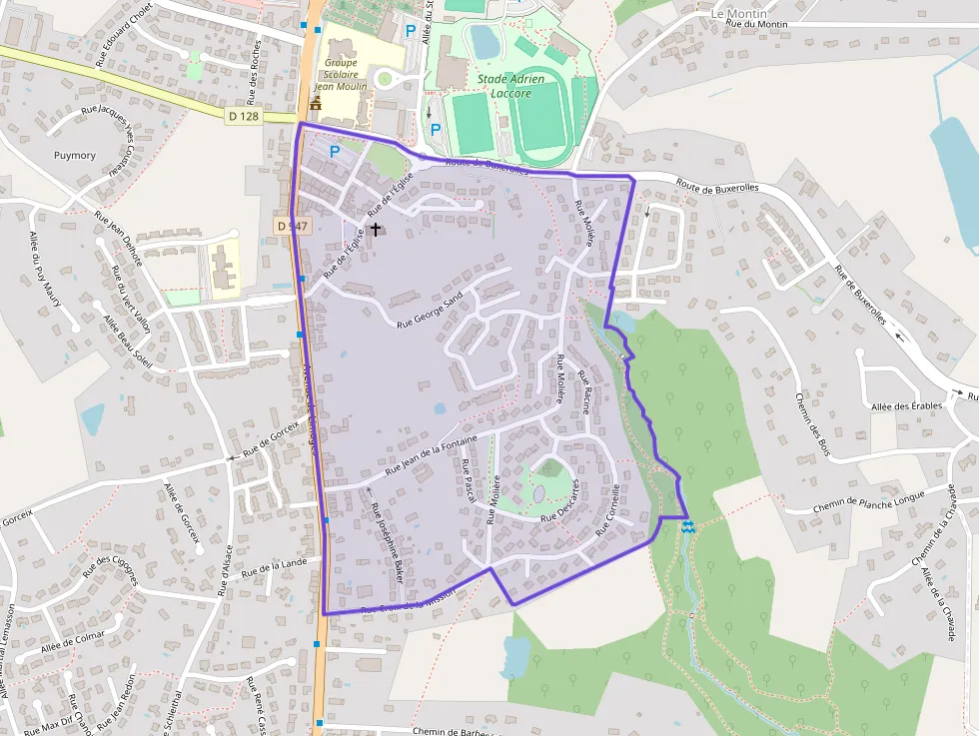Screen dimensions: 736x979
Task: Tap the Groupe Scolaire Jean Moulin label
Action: [x=341, y=74]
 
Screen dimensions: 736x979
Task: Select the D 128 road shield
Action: [x=243, y=116]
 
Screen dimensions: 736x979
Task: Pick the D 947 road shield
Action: [x=291, y=227]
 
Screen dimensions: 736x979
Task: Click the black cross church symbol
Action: [x=376, y=229]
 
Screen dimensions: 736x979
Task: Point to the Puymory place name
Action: [x=75, y=155]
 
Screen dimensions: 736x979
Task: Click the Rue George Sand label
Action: [x=431, y=311]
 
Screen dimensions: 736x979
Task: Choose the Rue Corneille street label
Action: [x=609, y=509]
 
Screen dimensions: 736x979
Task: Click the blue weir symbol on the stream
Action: [x=688, y=525]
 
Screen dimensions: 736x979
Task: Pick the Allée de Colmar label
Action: [x=73, y=640]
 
